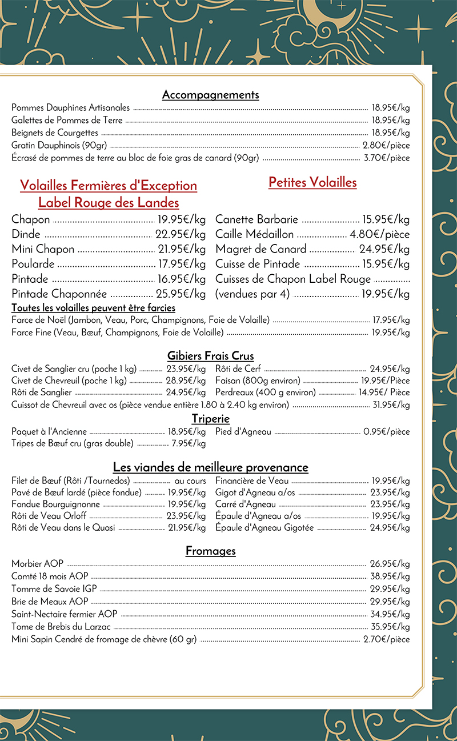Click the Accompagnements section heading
pos(210,95)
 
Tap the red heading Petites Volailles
pos(312,182)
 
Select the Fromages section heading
pos(210,551)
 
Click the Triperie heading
pos(210,419)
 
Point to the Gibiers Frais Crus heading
pos(210,356)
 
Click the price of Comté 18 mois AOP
pos(390,576)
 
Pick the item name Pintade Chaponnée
pos(59,294)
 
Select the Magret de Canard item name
pos(261,249)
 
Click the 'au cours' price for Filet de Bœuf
pos(190,481)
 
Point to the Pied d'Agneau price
pos(387,432)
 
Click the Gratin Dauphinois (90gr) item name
pos(59,145)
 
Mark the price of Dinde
pos(180,234)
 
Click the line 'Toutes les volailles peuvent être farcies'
pos(93,308)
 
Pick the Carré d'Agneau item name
pos(246,504)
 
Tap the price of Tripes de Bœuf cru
pos(189,443)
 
